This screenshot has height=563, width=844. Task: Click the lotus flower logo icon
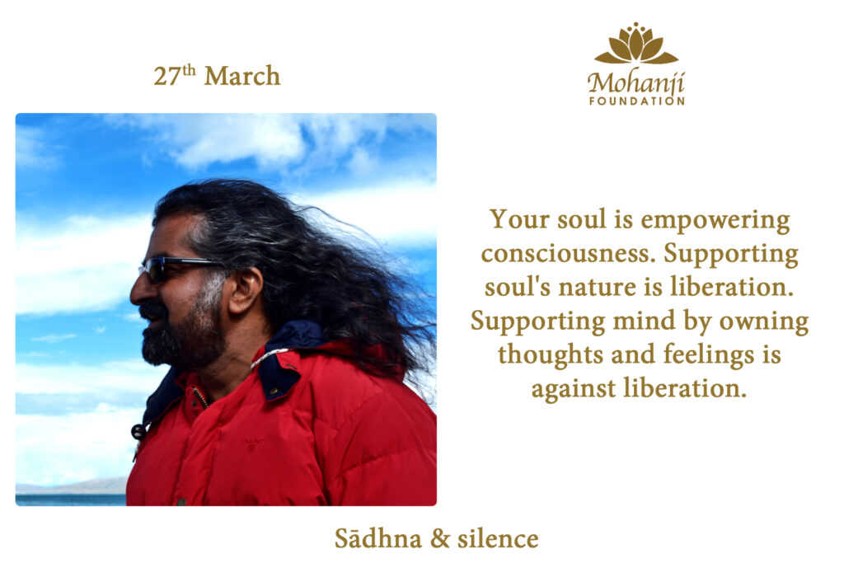point(636,44)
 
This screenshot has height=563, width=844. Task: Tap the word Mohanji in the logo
point(635,83)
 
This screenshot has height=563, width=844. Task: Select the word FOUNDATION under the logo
point(637,101)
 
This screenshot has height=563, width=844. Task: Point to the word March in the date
point(242,76)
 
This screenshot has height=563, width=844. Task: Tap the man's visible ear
point(246,290)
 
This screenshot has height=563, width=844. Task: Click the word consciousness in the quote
point(567,254)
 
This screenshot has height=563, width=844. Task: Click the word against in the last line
point(574,389)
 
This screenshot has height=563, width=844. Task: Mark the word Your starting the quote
point(519,219)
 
